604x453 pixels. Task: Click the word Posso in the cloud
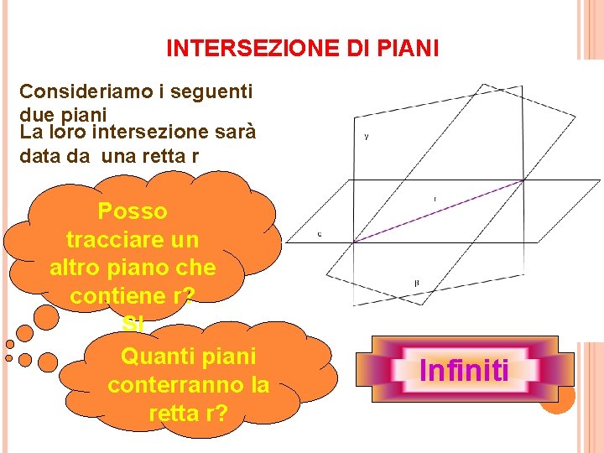point(132,211)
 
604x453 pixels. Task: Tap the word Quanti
point(152,357)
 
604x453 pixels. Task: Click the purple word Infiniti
point(464,370)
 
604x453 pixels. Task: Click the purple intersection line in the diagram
point(436,211)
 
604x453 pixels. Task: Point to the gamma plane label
point(367,136)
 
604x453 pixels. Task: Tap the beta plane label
point(417,284)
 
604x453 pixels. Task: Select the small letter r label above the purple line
point(435,199)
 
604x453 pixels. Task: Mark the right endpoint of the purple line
point(523,180)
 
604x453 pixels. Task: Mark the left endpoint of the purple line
point(353,242)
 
